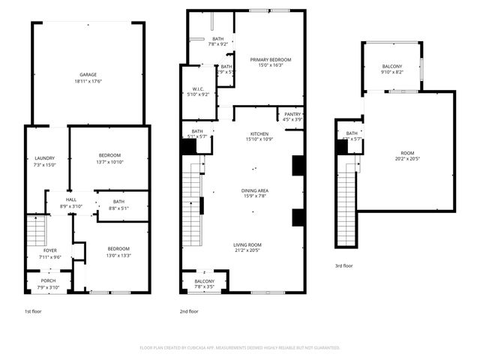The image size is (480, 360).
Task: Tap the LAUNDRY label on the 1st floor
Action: click(44, 157)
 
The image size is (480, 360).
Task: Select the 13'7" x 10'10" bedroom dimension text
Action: click(109, 163)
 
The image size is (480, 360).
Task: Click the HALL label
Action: click(71, 199)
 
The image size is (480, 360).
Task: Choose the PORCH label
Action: click(49, 282)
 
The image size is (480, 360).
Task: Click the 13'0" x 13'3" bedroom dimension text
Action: click(118, 255)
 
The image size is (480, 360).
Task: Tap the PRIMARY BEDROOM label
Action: click(265, 59)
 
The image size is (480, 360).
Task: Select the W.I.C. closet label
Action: click(199, 88)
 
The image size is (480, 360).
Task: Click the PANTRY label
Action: click(292, 114)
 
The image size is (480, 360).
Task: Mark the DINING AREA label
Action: click(255, 190)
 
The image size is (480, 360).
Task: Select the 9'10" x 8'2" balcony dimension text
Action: click(391, 73)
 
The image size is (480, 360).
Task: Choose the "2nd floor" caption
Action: click(188, 310)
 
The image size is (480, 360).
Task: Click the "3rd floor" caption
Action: click(343, 265)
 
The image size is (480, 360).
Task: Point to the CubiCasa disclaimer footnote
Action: click(240, 348)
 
